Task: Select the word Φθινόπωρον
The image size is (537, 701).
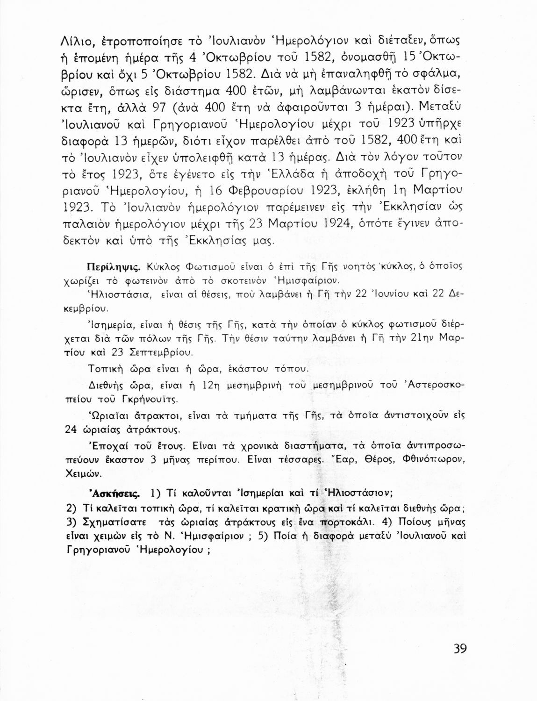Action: tap(434, 459)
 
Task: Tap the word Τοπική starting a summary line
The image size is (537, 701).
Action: tap(105, 369)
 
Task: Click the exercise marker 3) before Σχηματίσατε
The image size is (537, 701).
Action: tap(72, 522)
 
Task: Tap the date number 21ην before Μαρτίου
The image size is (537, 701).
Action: tap(422, 338)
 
